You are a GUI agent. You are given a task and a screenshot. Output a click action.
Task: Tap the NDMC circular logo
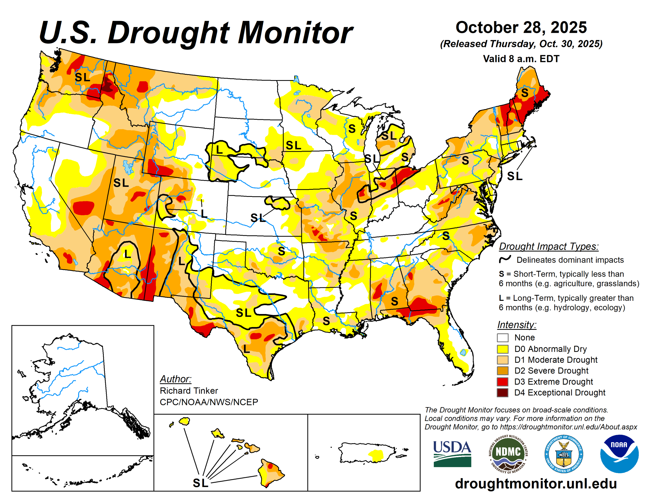508,454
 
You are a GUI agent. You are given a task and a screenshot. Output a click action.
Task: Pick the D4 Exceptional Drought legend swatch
502,393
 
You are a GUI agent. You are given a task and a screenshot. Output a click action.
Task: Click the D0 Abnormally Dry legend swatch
502,349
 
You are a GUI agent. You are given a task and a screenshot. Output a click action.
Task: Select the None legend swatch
502,338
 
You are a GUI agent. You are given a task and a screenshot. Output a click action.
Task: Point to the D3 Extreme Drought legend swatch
502,382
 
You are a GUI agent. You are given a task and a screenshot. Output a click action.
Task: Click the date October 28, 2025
521,27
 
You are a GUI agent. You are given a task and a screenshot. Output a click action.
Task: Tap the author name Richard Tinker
189,391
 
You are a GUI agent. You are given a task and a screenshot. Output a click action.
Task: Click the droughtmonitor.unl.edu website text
536,483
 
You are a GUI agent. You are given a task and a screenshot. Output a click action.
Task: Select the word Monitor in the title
295,33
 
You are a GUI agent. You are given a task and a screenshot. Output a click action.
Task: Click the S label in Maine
525,93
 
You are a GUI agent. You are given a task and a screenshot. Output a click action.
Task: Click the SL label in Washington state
82,77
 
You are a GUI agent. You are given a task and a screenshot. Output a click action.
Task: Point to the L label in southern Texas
246,349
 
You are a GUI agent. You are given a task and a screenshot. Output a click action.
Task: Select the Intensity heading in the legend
516,324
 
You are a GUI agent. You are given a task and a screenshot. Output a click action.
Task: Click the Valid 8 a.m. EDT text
521,59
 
